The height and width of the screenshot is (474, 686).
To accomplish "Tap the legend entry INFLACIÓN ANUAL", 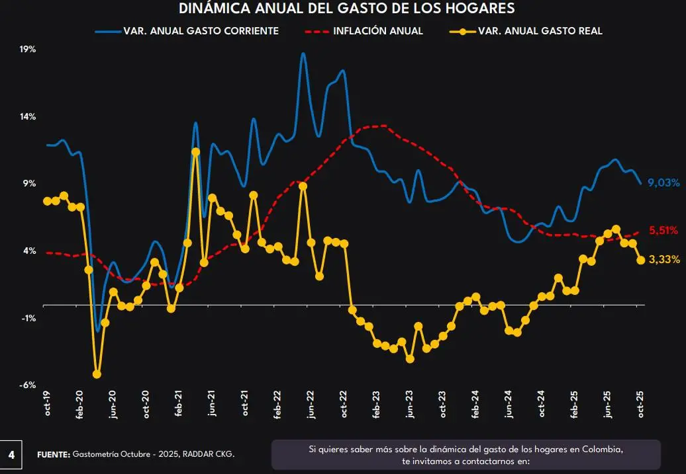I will coord(377,31).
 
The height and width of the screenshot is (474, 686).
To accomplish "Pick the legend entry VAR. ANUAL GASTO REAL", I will coord(540,31).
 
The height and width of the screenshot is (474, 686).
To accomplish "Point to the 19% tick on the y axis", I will coord(27,50).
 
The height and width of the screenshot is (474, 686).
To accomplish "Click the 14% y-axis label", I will coord(27,117).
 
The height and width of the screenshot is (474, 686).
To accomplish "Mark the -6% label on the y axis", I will coord(27,385).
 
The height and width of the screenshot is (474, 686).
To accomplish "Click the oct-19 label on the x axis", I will coord(47,403).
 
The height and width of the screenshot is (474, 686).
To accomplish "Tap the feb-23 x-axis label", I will coord(377,403).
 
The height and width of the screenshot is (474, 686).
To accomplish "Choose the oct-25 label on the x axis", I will coord(640,403).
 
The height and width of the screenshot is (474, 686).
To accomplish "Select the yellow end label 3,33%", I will coord(664,260).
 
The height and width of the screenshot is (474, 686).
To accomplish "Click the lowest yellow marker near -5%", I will coord(97,374).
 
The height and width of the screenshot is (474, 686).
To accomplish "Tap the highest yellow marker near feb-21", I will coord(195,152).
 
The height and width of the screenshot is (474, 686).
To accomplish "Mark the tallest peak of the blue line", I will coord(303,54).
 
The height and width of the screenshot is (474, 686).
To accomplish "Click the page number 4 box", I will coord(11,455).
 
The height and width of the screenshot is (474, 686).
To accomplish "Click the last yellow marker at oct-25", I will coord(640,260).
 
